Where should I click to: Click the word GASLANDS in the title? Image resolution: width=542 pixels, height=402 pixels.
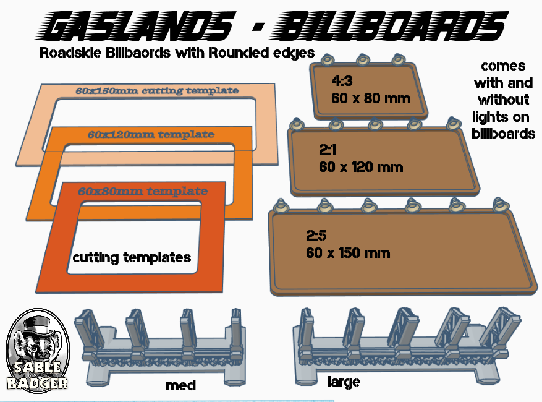pyautogui.click(x=139, y=27)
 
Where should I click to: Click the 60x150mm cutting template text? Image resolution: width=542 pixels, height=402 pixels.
pyautogui.click(x=157, y=92)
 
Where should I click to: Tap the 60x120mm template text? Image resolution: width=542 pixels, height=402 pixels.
pyautogui.click(x=151, y=134)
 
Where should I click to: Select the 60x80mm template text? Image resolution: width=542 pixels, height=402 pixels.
pyautogui.click(x=143, y=191)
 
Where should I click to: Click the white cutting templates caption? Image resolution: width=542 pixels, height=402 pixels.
pyautogui.click(x=132, y=257)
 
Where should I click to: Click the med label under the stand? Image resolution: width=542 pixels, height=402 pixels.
pyautogui.click(x=180, y=386)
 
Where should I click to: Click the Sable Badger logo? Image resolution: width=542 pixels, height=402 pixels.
pyautogui.click(x=36, y=349)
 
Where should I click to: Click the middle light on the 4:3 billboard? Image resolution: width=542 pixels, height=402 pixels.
pyautogui.click(x=363, y=60)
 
